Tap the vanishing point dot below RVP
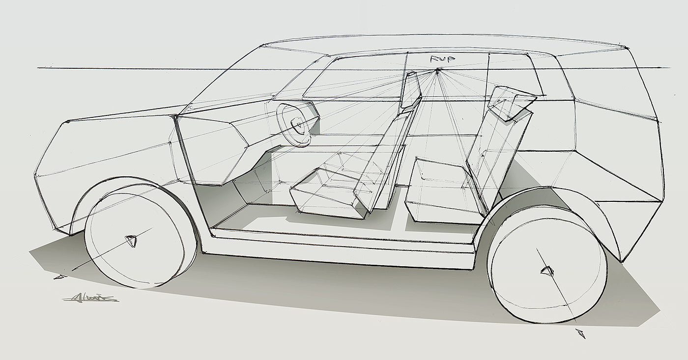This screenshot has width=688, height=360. (x=437, y=71)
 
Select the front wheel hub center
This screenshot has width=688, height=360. (x=131, y=241)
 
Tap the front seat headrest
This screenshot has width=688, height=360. (x=410, y=89)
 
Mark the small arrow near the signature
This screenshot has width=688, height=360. (x=60, y=277)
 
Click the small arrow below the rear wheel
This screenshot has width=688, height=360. (x=582, y=334)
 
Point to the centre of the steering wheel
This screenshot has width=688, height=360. (x=298, y=125)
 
